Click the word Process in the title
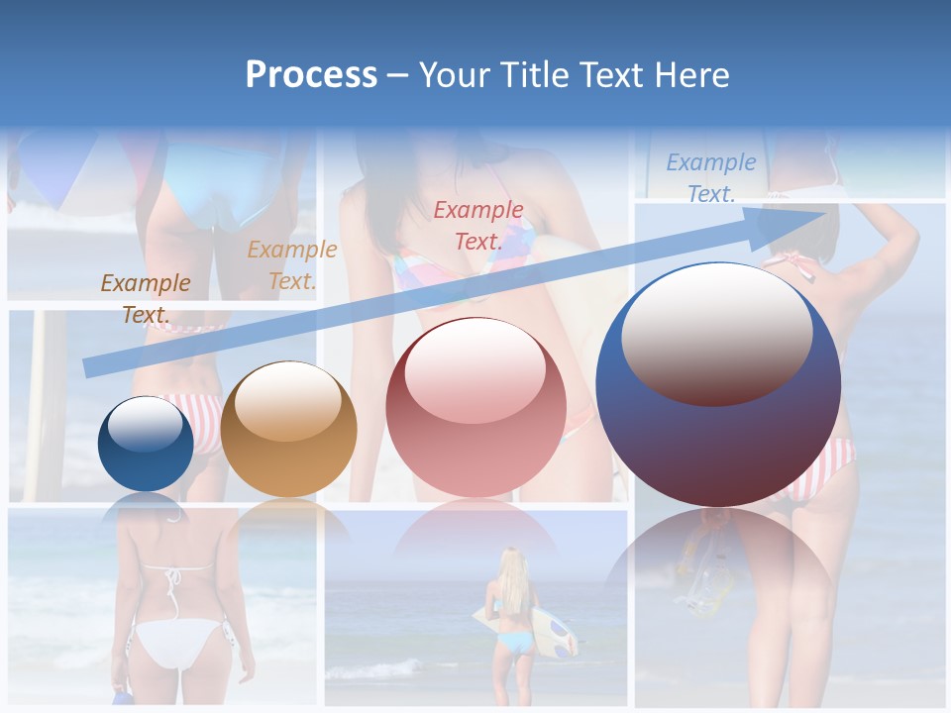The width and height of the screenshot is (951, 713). pyautogui.click(x=311, y=75)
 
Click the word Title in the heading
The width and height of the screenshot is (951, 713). pyautogui.click(x=532, y=75)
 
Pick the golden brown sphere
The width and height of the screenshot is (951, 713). pyautogui.click(x=288, y=430)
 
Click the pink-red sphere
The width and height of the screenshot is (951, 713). pyautogui.click(x=475, y=407)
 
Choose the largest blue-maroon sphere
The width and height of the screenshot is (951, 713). pyautogui.click(x=718, y=385)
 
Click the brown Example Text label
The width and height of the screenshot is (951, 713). pyautogui.click(x=146, y=298)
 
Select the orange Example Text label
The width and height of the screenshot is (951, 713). pyautogui.click(x=291, y=265)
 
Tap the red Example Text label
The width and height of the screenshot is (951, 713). pyautogui.click(x=478, y=225)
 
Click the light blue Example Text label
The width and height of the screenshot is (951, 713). pyautogui.click(x=710, y=178)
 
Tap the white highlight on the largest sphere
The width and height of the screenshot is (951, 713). pyautogui.click(x=716, y=334)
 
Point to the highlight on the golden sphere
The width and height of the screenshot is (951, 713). pyautogui.click(x=287, y=400)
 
